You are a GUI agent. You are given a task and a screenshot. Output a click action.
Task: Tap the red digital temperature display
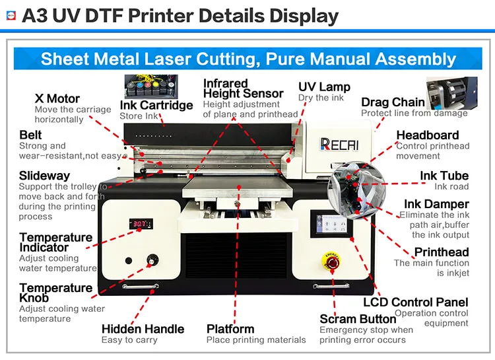[x=139, y=224]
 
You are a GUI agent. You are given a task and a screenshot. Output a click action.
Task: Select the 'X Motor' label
[x=57, y=98]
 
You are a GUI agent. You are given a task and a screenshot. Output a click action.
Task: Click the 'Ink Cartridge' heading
[x=156, y=105]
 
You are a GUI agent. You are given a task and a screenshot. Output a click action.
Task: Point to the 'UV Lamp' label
[x=324, y=87]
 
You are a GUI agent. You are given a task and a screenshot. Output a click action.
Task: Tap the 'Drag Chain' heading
[x=393, y=102]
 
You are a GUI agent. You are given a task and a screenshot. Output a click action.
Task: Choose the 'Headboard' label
[x=427, y=135]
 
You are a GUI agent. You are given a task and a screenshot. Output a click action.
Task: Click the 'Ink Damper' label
[x=436, y=204]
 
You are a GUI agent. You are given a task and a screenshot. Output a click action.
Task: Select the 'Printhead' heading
[x=441, y=252]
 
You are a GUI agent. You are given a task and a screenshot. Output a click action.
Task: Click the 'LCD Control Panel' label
[x=416, y=302]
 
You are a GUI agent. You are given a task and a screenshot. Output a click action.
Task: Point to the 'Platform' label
[x=230, y=328]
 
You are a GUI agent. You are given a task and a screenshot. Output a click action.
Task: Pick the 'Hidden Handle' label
[x=143, y=328]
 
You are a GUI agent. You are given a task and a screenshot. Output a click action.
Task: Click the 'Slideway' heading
[x=44, y=176]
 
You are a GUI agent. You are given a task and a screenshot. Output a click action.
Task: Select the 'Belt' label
[x=30, y=135]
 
